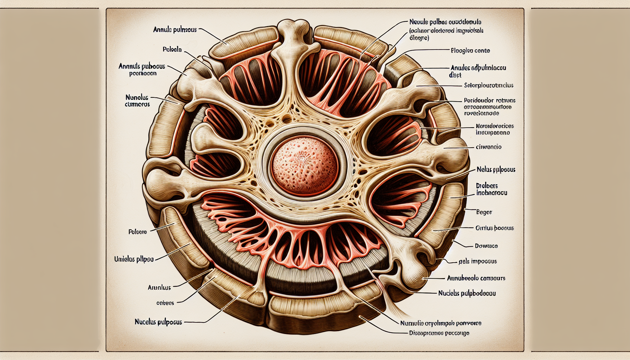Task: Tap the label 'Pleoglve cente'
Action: tap(470, 51)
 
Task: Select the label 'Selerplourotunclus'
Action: tap(488, 85)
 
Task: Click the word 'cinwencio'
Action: tap(488, 147)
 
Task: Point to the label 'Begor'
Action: tap(484, 212)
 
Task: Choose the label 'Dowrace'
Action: tap(486, 246)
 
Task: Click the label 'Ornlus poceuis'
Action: tap(494, 228)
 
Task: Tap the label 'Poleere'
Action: tap(137, 232)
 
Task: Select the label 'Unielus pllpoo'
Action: tap(134, 259)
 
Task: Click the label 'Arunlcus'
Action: tap(159, 288)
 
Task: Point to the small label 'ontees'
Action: tap(165, 303)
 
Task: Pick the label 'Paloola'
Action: tap(172, 50)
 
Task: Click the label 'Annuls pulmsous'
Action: tap(175, 30)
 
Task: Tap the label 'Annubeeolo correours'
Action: tap(476, 278)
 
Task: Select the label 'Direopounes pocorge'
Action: tap(439, 333)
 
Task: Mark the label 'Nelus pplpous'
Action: tap(496, 170)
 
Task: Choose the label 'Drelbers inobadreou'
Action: tap(491, 189)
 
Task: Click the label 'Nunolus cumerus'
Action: tap(137, 101)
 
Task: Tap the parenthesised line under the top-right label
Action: tap(446, 34)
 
